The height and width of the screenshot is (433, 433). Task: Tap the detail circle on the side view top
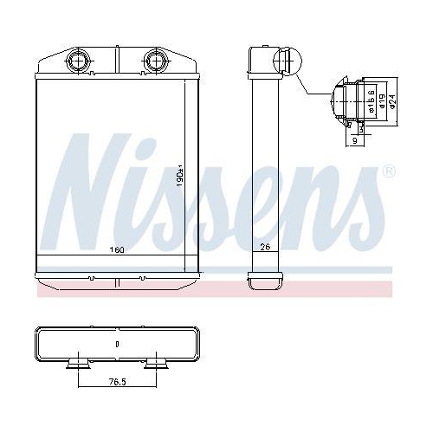click(285, 62)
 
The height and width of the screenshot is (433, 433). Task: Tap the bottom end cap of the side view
click(264, 281)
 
